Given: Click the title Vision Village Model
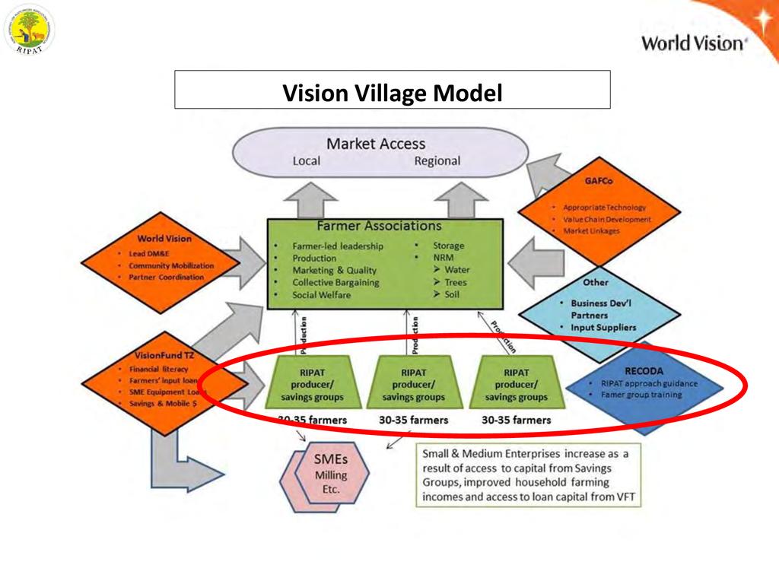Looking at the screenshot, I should pos(393,93).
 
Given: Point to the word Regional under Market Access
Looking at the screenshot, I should pos(437,161).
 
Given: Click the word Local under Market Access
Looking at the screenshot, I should pos(307,161).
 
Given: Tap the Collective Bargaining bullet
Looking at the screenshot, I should pos(335,282).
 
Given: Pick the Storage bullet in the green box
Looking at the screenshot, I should pos(447,246).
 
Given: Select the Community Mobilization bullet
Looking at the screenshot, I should pos(170,265).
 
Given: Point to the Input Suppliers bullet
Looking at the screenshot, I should pos(603,327).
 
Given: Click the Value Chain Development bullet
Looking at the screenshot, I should pos(606,219).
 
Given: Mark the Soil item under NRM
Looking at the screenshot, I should pos(452,294).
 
